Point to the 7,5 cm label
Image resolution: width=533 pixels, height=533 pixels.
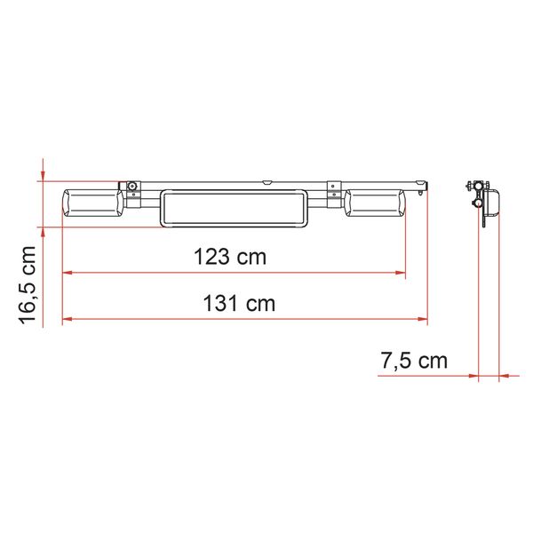[x=413, y=362]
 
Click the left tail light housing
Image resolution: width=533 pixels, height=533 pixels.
[x=92, y=205]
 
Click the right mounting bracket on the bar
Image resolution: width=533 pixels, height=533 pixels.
[x=333, y=190]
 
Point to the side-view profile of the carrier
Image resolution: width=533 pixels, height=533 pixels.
[x=481, y=202]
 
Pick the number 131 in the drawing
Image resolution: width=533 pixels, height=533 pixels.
[x=220, y=303]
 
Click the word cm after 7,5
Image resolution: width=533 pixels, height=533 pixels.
[x=432, y=362]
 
